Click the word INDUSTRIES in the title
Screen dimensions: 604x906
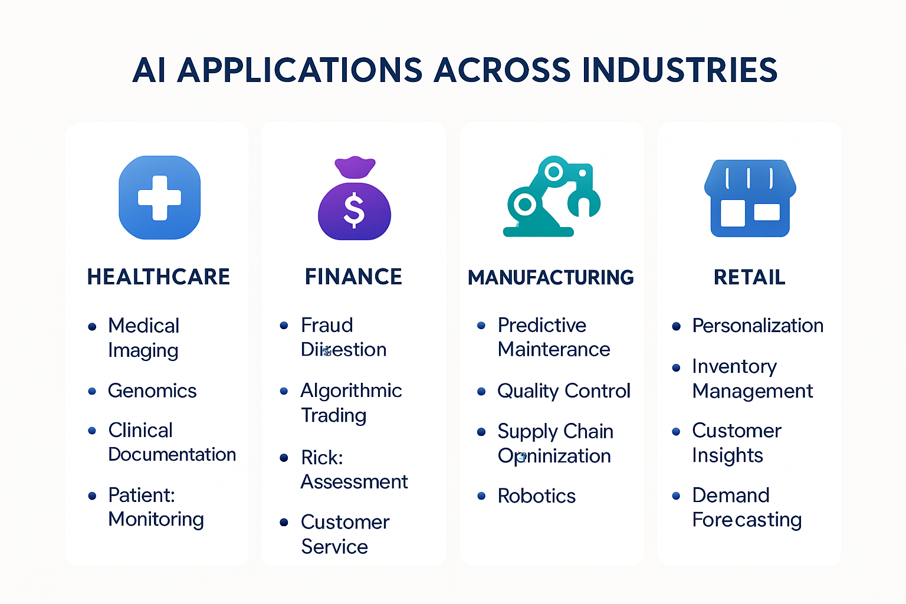[679, 70]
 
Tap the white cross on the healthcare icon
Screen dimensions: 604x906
[159, 198]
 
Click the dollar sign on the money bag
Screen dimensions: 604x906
[354, 211]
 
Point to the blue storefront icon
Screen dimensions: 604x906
[750, 198]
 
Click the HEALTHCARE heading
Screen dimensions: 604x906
[159, 277]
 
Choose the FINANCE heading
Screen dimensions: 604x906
[353, 277]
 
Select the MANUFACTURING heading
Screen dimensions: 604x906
[551, 277]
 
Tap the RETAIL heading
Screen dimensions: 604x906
[749, 277]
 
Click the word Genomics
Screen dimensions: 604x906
[152, 390]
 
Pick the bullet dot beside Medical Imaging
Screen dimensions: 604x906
[92, 326]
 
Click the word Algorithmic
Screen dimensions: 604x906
[351, 390]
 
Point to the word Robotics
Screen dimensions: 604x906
[536, 496]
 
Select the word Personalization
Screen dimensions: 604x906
[757, 326]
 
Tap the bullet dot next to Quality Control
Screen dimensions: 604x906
[481, 391]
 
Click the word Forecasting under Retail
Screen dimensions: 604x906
[747, 520]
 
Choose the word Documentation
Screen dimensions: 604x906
[172, 454]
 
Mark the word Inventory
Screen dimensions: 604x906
[734, 366]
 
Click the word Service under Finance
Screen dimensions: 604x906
[334, 547]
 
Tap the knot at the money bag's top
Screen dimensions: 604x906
[354, 167]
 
